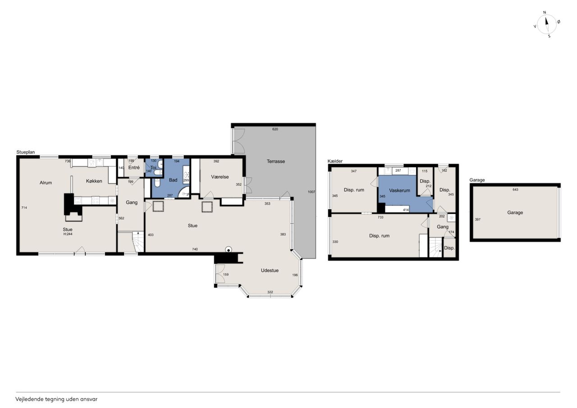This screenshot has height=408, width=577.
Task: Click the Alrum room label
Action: pyautogui.click(x=46, y=183)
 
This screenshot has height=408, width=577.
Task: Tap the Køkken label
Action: pyautogui.click(x=94, y=181)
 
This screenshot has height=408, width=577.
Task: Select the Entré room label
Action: pyautogui.click(x=134, y=168)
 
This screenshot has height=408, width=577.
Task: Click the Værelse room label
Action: pyautogui.click(x=220, y=177)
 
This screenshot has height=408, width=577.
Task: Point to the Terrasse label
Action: pyautogui.click(x=275, y=161)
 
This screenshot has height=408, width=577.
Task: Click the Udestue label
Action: pyautogui.click(x=270, y=270)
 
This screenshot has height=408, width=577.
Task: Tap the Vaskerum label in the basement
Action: pyautogui.click(x=399, y=191)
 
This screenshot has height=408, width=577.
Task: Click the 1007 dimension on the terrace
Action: pyautogui.click(x=311, y=192)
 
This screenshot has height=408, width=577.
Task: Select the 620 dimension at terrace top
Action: pyautogui.click(x=275, y=129)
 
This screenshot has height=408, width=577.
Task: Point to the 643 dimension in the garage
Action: pyautogui.click(x=515, y=190)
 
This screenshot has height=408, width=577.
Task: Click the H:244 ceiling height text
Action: pyautogui.click(x=68, y=234)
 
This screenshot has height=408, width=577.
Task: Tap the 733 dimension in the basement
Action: pyautogui.click(x=380, y=217)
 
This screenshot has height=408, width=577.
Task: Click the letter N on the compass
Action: pyautogui.click(x=545, y=12)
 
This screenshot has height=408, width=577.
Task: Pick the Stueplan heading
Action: pyautogui.click(x=26, y=152)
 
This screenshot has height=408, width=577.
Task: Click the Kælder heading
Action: pyautogui.click(x=335, y=161)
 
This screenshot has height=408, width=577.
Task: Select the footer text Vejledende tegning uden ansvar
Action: pyautogui.click(x=56, y=399)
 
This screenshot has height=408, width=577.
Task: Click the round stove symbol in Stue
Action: pyautogui.click(x=228, y=250)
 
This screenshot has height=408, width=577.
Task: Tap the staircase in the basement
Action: pyautogui.click(x=435, y=247)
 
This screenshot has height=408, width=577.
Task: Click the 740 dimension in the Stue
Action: pyautogui.click(x=195, y=249)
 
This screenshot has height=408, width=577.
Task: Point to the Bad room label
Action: pyautogui.click(x=173, y=180)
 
